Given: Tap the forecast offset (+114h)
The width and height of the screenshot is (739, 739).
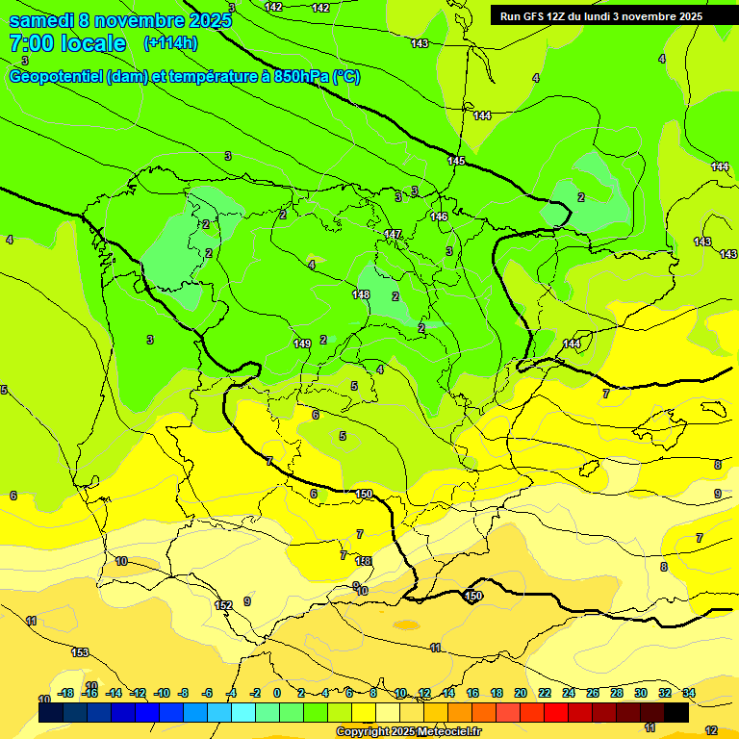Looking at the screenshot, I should (170, 43).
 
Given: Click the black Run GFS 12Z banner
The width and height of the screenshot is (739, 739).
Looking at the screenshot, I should (601, 16).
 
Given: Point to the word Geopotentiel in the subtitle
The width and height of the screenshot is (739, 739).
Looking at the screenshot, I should (57, 77).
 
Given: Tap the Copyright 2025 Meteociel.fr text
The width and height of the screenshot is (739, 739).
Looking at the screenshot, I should (408, 732).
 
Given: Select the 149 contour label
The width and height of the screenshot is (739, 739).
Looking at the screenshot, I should (302, 344).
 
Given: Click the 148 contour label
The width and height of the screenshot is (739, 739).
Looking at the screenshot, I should (361, 294).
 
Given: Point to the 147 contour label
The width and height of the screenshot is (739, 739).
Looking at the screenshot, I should (393, 234).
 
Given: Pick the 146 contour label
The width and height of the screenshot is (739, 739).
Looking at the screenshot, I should (439, 217).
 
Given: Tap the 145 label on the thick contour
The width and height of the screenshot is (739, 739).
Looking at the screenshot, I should (456, 161).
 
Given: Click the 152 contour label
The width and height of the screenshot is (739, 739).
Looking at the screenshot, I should (223, 605).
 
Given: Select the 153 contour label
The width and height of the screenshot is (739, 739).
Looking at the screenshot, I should (80, 652).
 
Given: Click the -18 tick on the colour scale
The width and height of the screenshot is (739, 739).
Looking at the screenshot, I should (66, 693).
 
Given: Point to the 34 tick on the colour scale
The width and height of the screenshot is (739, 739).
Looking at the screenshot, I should (688, 693).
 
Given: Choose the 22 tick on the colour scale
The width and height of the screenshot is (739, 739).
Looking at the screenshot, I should (544, 693).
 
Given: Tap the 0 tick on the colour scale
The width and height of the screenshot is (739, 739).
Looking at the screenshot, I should (277, 693).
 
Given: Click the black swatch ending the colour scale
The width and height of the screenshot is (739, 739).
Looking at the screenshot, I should (675, 712).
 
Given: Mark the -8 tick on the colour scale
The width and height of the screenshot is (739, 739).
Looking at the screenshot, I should (182, 693).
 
